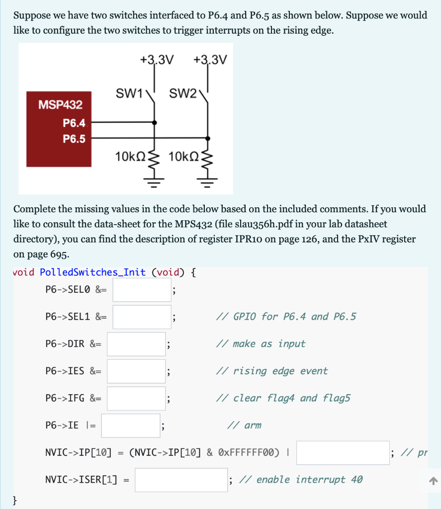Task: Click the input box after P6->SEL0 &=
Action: click(142, 290)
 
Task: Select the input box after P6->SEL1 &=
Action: click(142, 317)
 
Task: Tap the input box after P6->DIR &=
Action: click(136, 344)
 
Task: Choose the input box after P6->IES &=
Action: click(136, 371)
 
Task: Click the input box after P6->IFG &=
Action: click(136, 398)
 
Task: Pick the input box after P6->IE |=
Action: click(131, 425)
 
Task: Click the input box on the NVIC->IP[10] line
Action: click(343, 453)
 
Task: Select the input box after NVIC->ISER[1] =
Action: click(181, 480)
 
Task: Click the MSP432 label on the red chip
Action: click(60, 104)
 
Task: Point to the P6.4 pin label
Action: click(74, 123)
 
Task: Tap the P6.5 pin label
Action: click(74, 139)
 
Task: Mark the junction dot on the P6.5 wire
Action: click(208, 138)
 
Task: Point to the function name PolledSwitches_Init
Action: click(92, 272)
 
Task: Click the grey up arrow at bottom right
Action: click(433, 481)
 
